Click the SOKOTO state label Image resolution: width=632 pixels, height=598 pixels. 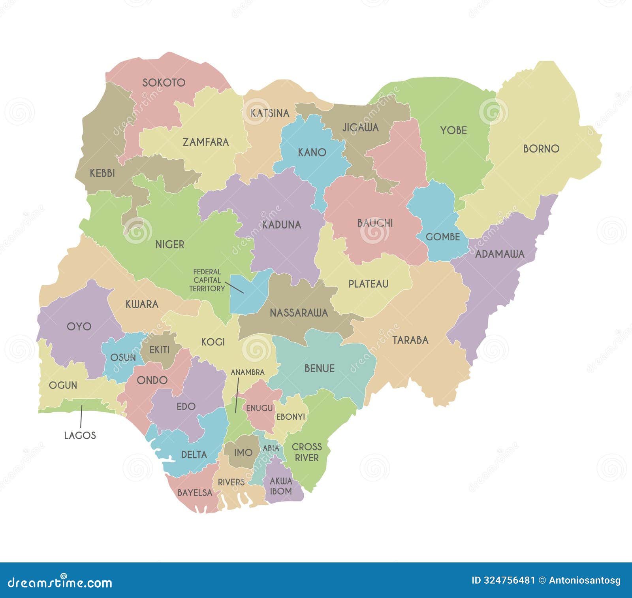click(x=164, y=83)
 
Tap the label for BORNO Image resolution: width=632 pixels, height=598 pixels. click(x=541, y=149)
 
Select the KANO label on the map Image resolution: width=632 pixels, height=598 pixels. click(x=312, y=152)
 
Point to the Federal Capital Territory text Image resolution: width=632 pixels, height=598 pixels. click(x=207, y=280)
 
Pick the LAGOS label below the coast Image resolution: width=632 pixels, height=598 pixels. click(x=80, y=435)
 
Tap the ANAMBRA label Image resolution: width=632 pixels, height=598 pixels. click(x=247, y=372)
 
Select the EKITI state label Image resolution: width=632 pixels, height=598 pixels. click(x=159, y=350)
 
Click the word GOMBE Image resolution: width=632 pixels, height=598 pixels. click(x=442, y=237)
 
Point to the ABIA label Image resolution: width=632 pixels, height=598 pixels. click(x=271, y=448)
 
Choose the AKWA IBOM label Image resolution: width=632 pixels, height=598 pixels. click(x=281, y=486)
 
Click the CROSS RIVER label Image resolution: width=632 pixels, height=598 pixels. click(x=307, y=452)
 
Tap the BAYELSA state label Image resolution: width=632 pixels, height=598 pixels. click(x=195, y=493)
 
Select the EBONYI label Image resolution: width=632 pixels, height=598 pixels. click(x=290, y=417)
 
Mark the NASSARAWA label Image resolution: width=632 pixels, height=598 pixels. click(x=299, y=313)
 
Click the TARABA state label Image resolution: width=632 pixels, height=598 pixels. click(x=410, y=340)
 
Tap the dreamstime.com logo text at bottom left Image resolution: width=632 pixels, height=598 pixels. click(x=60, y=583)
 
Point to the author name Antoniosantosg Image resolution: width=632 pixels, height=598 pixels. click(x=585, y=580)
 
